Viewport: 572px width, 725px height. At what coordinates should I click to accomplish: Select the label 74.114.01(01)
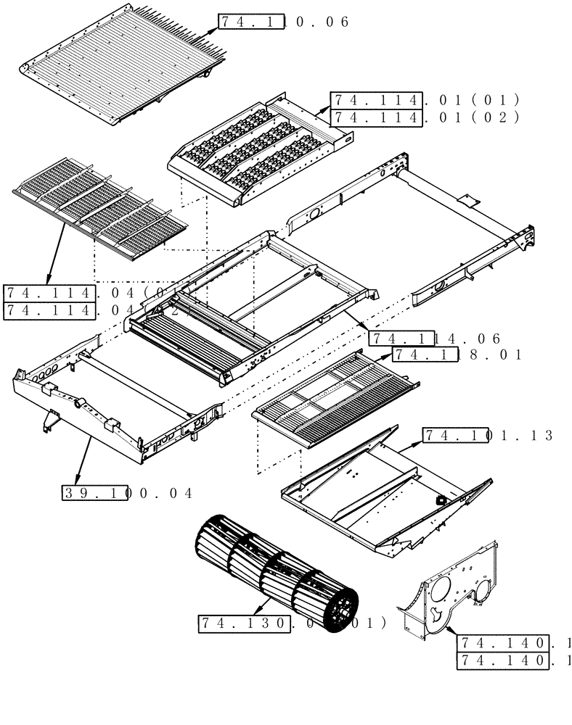point(425,100)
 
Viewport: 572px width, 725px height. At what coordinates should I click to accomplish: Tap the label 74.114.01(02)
point(425,117)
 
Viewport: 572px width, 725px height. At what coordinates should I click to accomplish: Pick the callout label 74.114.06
point(435,339)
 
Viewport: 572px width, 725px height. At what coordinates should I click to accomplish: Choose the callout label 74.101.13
point(488,436)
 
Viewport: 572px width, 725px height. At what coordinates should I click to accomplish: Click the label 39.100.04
point(127,494)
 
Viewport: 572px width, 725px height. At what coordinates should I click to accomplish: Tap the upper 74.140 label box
point(502,643)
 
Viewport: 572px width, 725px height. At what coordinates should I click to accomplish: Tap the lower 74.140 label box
point(502,660)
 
